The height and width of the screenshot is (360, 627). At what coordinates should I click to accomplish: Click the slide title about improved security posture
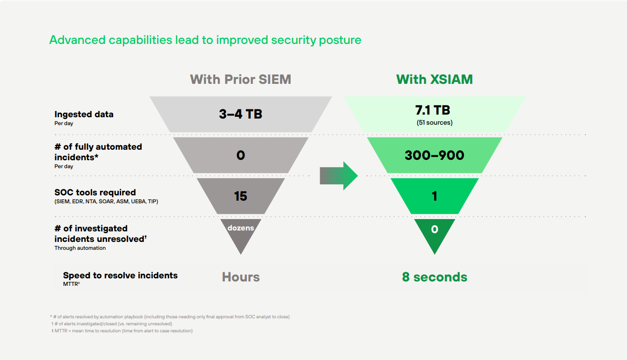coord(205,40)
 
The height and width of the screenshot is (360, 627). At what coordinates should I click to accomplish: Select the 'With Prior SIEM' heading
coord(241,79)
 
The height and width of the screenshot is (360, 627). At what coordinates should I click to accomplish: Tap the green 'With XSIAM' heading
coord(434,79)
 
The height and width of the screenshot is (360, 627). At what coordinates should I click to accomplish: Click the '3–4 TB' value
coord(241,114)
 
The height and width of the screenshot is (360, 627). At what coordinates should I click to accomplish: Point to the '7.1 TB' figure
coord(434,110)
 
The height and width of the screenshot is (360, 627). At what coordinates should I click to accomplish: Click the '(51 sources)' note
coord(434,122)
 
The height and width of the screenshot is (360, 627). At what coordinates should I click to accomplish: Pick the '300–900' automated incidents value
coord(434,155)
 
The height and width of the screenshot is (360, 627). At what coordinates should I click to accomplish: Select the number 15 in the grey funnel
coord(241,196)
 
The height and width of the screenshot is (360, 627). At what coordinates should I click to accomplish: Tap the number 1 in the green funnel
coord(434,196)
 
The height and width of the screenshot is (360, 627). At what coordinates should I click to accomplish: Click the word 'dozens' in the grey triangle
coord(241,228)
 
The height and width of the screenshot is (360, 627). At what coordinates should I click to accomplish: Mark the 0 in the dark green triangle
coord(434,229)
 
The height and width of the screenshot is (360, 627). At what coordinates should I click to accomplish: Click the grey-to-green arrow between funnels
coord(339,176)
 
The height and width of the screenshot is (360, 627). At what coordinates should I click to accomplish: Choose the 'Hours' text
coord(241,277)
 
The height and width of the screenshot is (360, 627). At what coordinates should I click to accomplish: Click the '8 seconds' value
coord(434,277)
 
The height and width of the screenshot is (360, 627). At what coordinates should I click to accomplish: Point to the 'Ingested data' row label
coord(84,114)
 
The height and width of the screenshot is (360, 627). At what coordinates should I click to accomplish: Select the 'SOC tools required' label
coord(95,192)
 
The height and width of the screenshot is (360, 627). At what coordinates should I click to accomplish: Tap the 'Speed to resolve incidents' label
coord(120,275)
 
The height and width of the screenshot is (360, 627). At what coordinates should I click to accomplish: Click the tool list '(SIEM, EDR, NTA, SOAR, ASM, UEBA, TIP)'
coord(106,202)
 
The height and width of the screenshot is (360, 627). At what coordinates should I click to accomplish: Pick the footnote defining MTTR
coord(122,331)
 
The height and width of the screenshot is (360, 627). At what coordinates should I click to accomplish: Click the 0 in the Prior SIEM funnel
coord(241,155)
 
